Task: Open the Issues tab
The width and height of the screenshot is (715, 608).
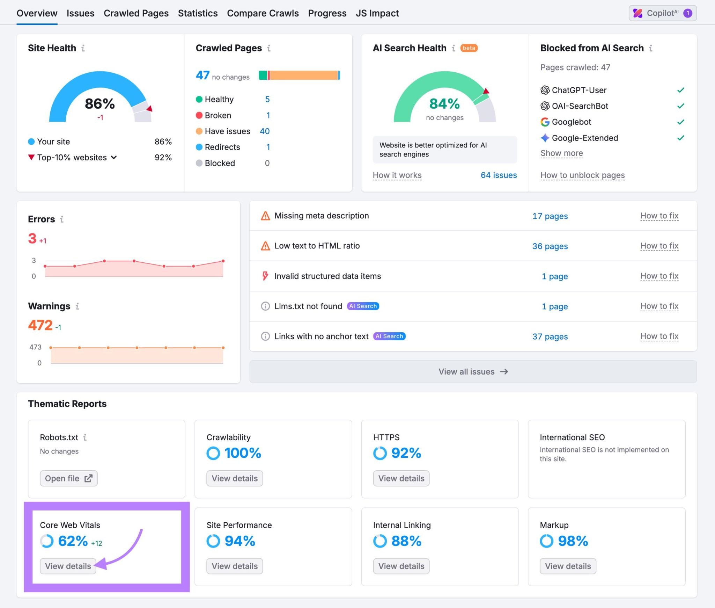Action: [x=80, y=13]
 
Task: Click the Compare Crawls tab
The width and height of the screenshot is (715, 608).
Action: [x=263, y=13]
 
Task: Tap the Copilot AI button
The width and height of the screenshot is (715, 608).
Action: [x=662, y=13]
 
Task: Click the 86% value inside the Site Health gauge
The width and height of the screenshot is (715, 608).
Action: [x=100, y=104]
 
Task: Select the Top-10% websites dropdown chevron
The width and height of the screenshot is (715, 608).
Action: [x=114, y=158]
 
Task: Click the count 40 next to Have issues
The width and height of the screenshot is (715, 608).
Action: [x=265, y=131]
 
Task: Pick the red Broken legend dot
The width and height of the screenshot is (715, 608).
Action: [x=199, y=115]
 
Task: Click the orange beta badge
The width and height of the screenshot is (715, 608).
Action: [x=469, y=48]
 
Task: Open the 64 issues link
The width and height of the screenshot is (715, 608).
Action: [x=498, y=175]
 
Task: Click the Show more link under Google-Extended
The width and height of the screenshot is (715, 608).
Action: [x=561, y=153]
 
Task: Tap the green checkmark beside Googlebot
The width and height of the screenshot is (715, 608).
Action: [x=680, y=122]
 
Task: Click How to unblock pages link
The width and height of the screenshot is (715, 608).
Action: [x=582, y=175]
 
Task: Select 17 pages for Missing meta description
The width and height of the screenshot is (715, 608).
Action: [x=550, y=216]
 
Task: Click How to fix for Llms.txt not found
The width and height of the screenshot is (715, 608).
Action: [x=659, y=306]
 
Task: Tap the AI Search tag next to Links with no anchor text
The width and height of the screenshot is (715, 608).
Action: [x=389, y=336]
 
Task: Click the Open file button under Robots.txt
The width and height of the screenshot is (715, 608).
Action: [x=68, y=478]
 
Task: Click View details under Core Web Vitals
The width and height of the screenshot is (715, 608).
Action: [x=68, y=566]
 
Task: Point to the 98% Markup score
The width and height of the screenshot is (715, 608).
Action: [x=573, y=541]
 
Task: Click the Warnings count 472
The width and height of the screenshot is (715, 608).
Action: [x=40, y=325]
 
